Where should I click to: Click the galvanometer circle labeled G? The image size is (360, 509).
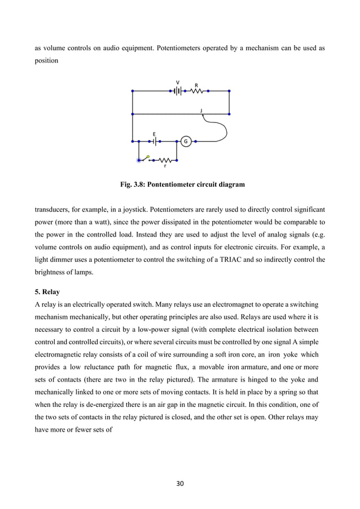point(185,141)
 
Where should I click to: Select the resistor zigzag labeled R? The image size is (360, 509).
point(197,90)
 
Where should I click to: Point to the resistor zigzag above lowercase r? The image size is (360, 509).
point(165,160)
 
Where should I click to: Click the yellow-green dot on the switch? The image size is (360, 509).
point(148,156)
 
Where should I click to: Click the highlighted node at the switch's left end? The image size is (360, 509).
point(139,160)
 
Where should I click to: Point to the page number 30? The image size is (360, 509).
point(180,483)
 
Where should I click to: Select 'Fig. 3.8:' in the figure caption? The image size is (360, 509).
point(131,185)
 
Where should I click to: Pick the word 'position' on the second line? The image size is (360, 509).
point(47,60)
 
